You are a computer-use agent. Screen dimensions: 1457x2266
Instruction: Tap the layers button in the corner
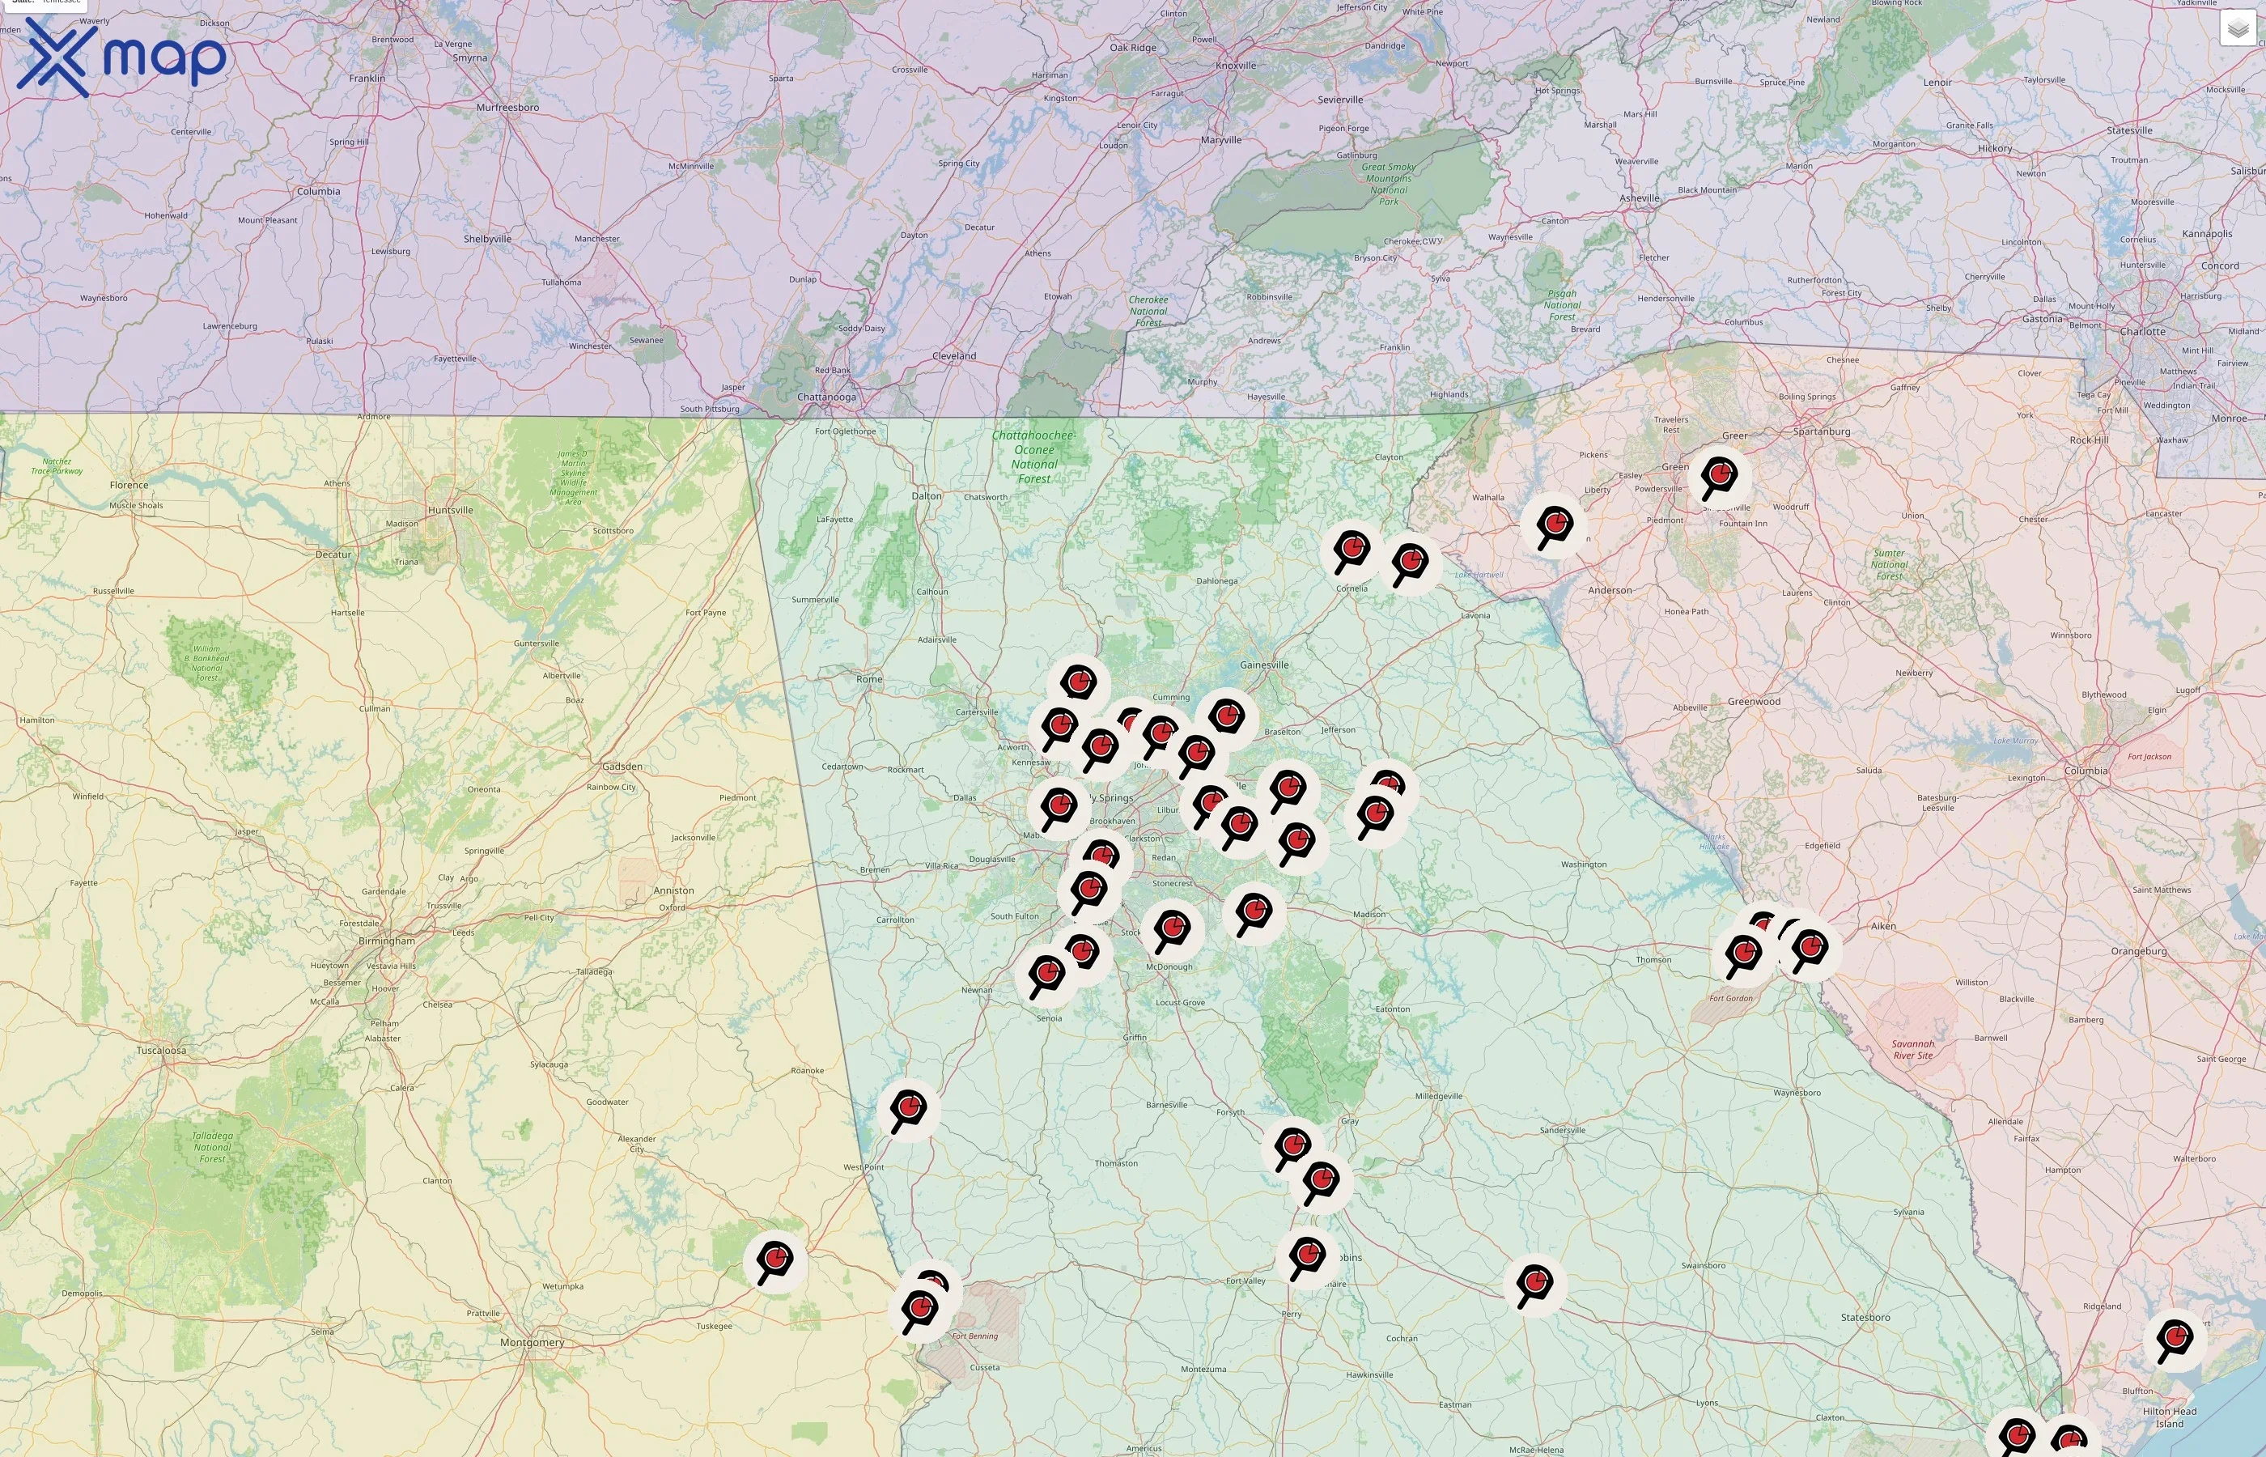coord(2237,28)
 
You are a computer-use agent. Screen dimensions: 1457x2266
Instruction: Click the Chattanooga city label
coord(825,397)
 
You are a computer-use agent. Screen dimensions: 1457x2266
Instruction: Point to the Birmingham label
coord(386,941)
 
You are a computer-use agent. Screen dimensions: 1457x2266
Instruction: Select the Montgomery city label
coord(532,1341)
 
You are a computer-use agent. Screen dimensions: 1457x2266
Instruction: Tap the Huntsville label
coord(450,510)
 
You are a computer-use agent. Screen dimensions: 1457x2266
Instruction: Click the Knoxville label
coord(1235,66)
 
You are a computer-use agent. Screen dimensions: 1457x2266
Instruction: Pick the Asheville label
coord(1639,198)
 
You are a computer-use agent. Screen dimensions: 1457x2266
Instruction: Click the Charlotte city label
coord(2142,331)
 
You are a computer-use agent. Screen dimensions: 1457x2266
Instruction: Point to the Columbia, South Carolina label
coord(2086,770)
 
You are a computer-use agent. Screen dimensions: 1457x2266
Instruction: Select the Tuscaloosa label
coord(161,1050)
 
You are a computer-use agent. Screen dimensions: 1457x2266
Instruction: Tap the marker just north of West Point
coord(909,1107)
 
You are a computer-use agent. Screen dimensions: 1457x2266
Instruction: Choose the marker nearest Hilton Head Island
coord(2175,1338)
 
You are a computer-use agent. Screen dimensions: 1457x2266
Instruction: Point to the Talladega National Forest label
coord(212,1147)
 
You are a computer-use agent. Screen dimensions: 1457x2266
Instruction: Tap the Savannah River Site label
coord(1912,1049)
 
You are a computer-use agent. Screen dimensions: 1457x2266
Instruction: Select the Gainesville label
coord(1263,665)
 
